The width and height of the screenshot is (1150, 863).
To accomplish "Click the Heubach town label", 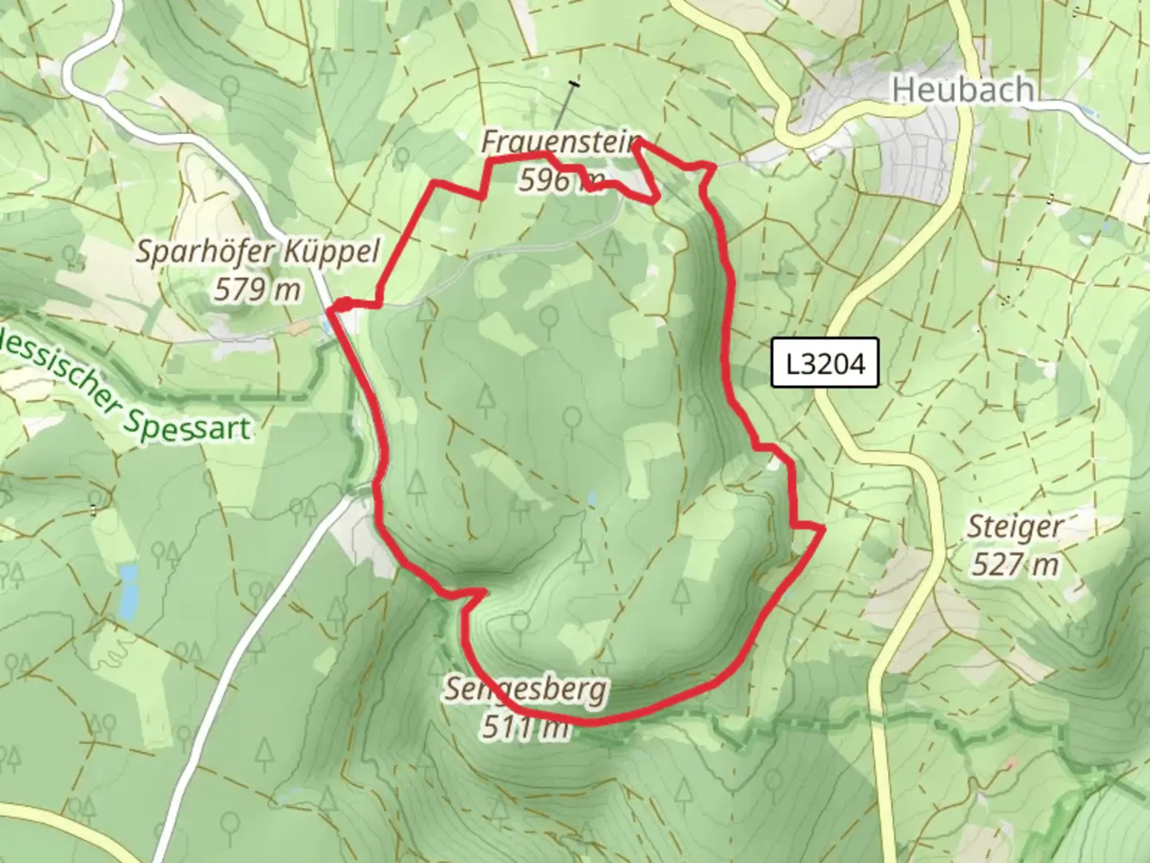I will pos(962,89).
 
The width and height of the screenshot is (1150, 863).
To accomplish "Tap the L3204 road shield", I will pos(825,364).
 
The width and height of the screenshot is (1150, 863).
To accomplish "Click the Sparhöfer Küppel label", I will pos(257,252).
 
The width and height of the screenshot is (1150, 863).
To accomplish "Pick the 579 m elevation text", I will pos(257,289).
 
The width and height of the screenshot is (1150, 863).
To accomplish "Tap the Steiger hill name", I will pos(1015,527).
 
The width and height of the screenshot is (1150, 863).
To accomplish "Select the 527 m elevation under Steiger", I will pos(1015,565).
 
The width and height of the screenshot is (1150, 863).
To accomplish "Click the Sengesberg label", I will pos(525,688).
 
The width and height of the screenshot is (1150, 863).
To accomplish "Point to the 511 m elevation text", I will pos(525,727).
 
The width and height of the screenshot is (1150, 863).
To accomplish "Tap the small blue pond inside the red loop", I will pos(591,499).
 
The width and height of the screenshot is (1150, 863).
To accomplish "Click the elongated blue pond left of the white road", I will pos(127,592).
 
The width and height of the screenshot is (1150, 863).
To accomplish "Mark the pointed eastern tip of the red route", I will pos(822,528).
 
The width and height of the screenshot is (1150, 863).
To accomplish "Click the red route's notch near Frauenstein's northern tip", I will pos(639,144).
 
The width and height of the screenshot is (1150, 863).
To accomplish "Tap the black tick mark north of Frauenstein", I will pos(573,83).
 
